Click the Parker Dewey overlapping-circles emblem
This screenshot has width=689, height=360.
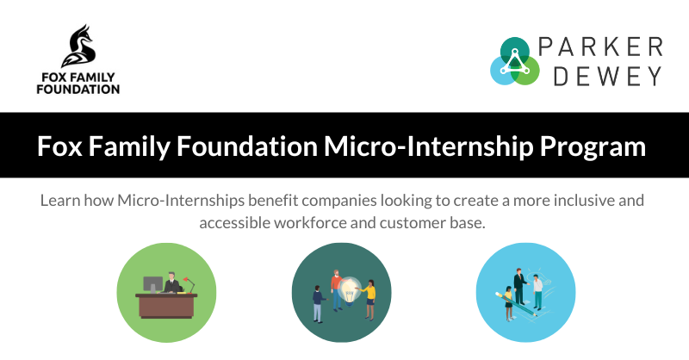(514, 61)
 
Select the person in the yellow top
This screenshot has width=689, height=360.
(370, 297)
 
